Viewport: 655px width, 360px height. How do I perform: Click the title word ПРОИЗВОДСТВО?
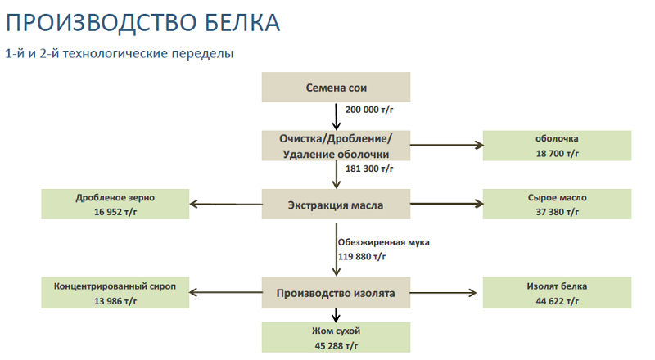(102, 23)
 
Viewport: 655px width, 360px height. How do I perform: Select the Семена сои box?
(336, 88)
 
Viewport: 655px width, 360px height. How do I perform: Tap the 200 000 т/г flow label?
(369, 110)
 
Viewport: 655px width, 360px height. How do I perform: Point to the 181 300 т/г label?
(369, 169)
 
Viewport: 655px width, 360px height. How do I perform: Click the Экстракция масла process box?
(336, 205)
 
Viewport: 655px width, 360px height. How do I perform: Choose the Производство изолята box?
(336, 293)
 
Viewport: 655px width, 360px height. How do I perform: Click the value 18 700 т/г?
(558, 154)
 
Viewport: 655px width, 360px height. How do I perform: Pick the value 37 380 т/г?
(558, 212)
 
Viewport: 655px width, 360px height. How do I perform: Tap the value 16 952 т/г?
(115, 212)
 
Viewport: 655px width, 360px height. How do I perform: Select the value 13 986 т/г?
(115, 301)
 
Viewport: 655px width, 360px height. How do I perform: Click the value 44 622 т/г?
(558, 301)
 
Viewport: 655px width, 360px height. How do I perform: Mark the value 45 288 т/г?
(337, 346)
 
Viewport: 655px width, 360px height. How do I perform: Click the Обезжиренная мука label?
(383, 242)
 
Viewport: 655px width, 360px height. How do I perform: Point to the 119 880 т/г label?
(362, 256)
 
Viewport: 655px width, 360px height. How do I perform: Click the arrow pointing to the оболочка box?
(447, 146)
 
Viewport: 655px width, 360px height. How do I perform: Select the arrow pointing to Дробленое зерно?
(226, 205)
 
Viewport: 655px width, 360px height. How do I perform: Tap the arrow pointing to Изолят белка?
(443, 293)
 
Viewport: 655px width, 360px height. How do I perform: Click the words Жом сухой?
(337, 331)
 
